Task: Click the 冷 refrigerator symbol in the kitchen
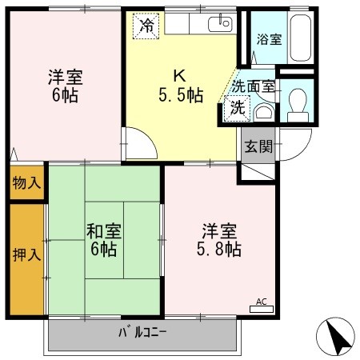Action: [145, 26]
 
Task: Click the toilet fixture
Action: [298, 102]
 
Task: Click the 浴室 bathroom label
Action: [268, 39]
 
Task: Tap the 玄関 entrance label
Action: [258, 146]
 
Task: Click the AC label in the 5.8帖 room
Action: [260, 302]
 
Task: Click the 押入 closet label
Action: [26, 256]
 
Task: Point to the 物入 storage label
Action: [26, 183]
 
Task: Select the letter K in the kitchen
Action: [181, 77]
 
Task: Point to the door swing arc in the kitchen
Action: [142, 145]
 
